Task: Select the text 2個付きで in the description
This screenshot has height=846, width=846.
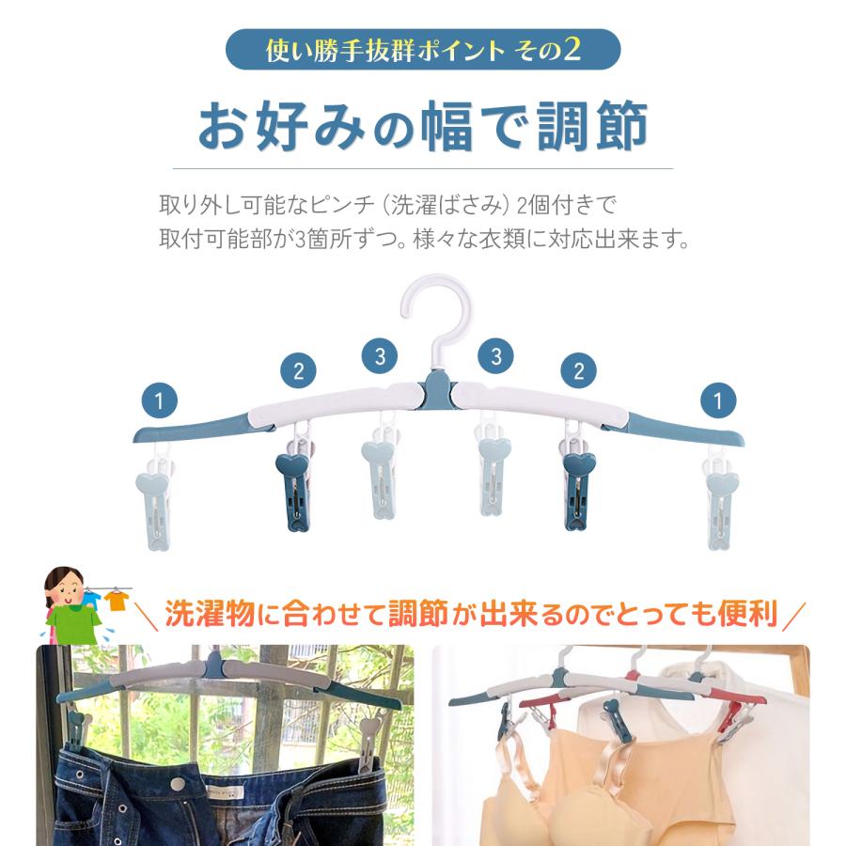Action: click(570, 204)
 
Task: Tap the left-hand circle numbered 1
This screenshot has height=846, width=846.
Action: click(161, 401)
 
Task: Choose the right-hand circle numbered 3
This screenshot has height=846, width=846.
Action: click(494, 356)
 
